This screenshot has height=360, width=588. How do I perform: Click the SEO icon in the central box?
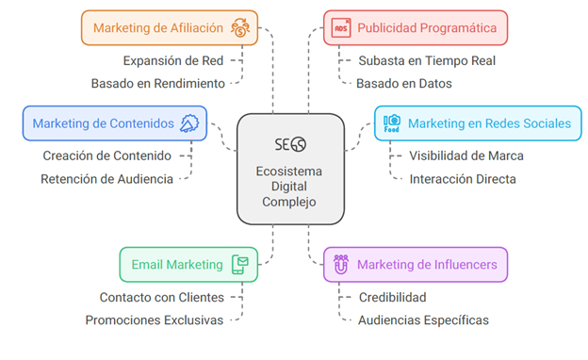(290, 144)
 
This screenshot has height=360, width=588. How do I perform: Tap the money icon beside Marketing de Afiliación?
(240, 27)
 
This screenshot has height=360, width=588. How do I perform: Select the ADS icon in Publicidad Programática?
(341, 28)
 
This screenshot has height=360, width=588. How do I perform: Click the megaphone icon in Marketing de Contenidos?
(189, 123)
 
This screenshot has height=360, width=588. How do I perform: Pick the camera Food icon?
(392, 123)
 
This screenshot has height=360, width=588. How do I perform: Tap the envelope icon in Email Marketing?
(240, 265)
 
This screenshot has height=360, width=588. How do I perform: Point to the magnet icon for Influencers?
(341, 265)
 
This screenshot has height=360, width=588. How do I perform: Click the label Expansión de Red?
(173, 60)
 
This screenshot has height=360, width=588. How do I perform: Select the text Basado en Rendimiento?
(158, 83)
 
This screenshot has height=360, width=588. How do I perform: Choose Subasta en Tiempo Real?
(427, 60)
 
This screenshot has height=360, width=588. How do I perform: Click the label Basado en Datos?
(404, 83)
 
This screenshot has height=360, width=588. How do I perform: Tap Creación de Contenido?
(106, 155)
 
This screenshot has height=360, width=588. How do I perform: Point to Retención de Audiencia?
(106, 179)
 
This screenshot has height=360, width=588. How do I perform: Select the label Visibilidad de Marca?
(466, 155)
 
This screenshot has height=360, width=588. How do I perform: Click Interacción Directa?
(463, 179)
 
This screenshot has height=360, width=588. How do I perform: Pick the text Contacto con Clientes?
(162, 298)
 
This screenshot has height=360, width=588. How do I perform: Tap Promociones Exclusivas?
(155, 320)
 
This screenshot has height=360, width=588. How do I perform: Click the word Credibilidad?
(392, 298)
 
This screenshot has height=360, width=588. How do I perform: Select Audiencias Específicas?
(423, 320)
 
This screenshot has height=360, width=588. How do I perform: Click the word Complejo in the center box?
(288, 202)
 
